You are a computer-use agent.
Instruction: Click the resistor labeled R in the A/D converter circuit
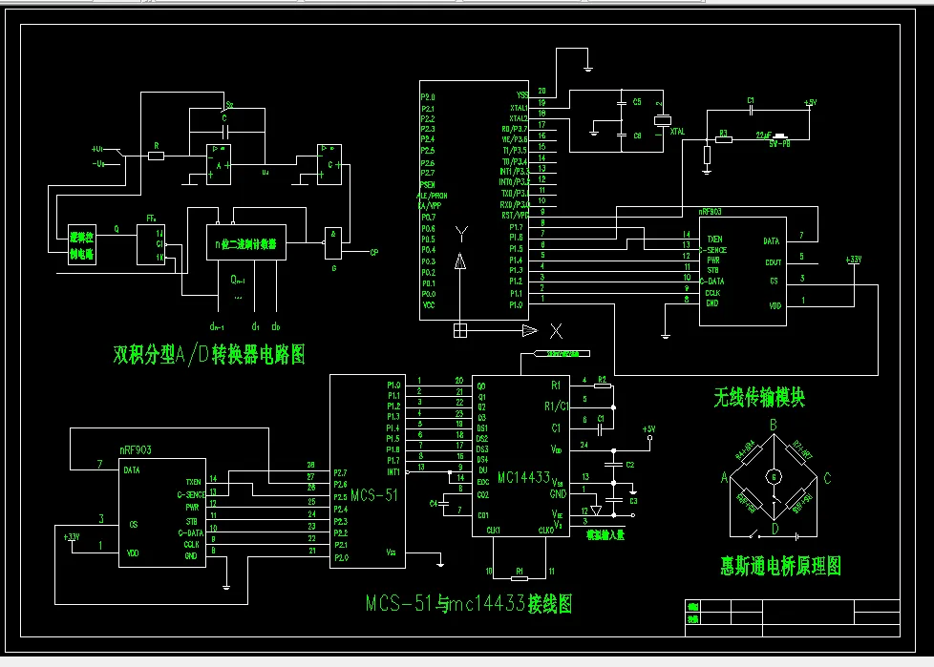tap(156, 156)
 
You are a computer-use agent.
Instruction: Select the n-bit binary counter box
tap(246, 243)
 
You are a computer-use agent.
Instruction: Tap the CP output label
tap(373, 253)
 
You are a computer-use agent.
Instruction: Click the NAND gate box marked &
tap(333, 241)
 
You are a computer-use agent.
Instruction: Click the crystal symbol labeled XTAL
tap(658, 121)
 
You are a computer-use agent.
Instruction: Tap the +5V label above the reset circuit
tap(810, 101)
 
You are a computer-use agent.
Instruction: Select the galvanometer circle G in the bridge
tap(775, 475)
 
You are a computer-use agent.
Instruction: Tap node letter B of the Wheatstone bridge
tap(774, 424)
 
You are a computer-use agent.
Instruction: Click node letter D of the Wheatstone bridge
tap(775, 529)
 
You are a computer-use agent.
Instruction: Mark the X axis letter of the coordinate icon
tap(556, 331)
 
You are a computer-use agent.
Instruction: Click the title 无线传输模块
tap(759, 397)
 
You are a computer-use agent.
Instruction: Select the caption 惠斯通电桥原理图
tap(781, 565)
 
